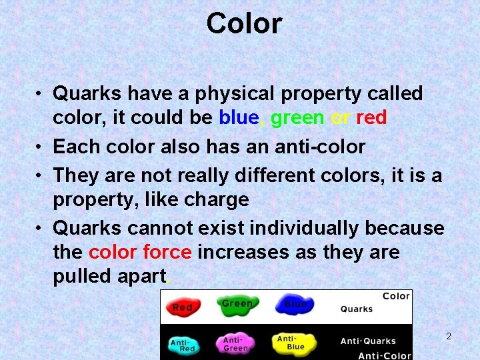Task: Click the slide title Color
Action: tap(244, 23)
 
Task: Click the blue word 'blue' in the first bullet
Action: tap(238, 118)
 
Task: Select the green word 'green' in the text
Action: tap(297, 118)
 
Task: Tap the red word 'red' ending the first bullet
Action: tap(371, 118)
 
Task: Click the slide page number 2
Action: tap(449, 337)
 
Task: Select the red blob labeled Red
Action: tap(182, 307)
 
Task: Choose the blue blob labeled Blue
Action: tap(295, 305)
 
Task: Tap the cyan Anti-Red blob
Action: tap(183, 345)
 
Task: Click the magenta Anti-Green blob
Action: tap(236, 343)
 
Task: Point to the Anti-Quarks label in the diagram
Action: tap(368, 341)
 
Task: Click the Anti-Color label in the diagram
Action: tap(385, 355)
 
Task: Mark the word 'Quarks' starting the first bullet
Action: tap(85, 94)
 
